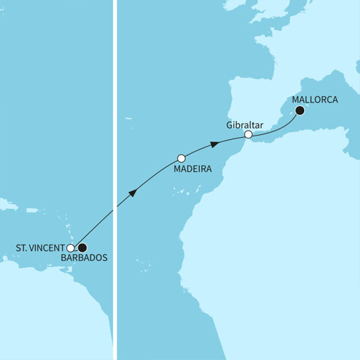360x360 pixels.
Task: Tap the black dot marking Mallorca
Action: coord(300,110)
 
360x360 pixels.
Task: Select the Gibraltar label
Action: coord(244,124)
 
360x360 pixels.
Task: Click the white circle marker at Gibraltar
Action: coord(247,134)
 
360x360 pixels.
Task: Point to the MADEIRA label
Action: coord(192,168)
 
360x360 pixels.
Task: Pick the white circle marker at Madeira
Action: coord(182,158)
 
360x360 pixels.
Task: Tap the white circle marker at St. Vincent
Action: coord(71,247)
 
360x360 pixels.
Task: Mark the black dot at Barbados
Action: coord(82,247)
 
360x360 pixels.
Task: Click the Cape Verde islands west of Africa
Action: coord(145,264)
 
